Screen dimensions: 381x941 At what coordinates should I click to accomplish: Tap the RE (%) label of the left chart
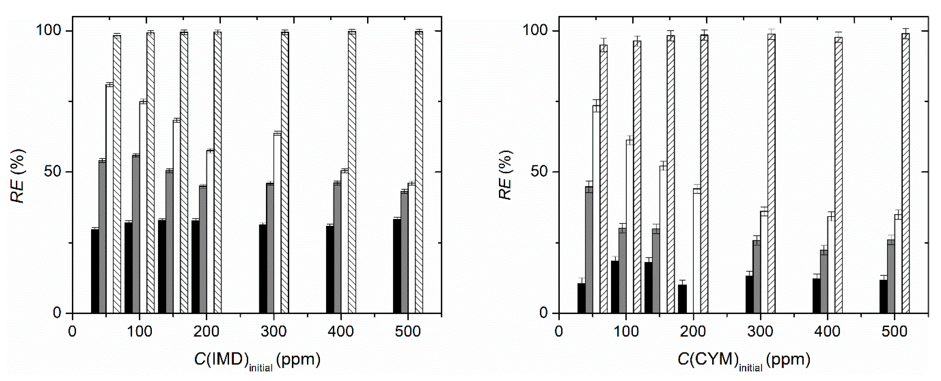coord(17,176)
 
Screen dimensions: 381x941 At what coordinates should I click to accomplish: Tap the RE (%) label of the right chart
coord(505,176)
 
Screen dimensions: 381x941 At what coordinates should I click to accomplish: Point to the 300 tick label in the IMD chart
coord(274,332)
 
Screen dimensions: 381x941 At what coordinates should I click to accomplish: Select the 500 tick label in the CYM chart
coord(894,332)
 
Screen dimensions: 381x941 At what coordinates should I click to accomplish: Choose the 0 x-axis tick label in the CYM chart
coord(559,332)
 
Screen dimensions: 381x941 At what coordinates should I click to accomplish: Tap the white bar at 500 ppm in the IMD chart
coord(411,248)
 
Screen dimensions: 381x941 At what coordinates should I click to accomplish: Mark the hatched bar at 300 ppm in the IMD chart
coord(285,172)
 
